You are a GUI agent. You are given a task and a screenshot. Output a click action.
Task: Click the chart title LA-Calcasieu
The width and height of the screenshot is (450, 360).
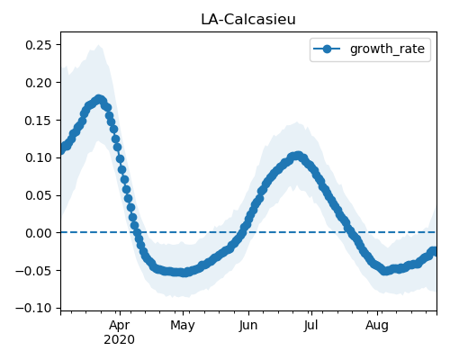tap(248, 20)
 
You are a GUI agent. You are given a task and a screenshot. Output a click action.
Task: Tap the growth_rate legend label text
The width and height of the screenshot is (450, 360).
tap(387, 49)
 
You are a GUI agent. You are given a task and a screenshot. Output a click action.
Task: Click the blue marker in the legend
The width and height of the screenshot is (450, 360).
tap(327, 49)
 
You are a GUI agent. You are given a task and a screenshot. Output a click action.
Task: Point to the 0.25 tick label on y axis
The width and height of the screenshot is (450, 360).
tap(39, 45)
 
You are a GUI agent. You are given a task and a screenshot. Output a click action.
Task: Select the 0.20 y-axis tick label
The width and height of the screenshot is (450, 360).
tap(39, 83)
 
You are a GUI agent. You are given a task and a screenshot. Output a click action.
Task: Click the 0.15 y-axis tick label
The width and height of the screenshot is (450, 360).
tap(39, 121)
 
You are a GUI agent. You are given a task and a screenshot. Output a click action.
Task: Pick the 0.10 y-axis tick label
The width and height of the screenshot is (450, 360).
tap(39, 157)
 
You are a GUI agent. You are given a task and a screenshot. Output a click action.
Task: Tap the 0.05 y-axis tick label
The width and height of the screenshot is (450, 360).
tap(39, 195)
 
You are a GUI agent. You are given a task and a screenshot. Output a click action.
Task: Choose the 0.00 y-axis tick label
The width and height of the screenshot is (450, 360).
tap(39, 233)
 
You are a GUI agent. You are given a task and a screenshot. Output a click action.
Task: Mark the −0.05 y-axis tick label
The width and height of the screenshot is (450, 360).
tap(33, 271)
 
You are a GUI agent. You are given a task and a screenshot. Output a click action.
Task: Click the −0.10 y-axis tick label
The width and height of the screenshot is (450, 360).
tap(33, 309)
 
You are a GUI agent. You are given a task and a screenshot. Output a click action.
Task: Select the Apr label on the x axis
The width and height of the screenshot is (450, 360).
tap(120, 326)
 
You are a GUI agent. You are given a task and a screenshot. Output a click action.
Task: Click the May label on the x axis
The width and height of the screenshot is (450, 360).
tap(183, 326)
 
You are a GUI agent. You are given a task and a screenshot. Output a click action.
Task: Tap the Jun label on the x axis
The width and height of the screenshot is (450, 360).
tap(248, 326)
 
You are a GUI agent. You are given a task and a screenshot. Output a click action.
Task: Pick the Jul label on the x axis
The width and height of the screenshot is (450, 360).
tap(311, 326)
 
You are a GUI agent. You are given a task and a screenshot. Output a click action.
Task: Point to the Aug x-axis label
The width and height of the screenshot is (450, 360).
tap(377, 326)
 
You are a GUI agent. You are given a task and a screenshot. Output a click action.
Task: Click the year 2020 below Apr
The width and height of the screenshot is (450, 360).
tap(120, 340)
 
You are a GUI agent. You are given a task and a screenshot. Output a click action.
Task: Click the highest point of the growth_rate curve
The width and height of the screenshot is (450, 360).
tap(99, 99)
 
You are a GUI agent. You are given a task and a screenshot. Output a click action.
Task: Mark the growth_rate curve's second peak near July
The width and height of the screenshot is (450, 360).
tap(297, 156)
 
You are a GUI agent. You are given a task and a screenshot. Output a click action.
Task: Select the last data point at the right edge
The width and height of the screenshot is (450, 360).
tap(434, 251)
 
